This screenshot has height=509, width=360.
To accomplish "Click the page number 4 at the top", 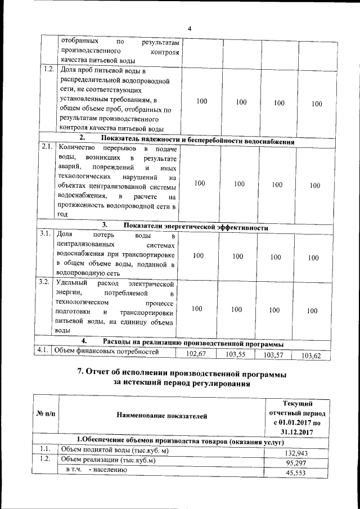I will pyautogui.click(x=190, y=29).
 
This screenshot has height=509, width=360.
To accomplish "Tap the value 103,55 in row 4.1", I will pyautogui.click(x=237, y=355).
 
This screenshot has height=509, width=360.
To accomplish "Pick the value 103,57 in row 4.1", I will pyautogui.click(x=275, y=355).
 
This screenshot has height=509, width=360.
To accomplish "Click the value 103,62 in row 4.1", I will pyautogui.click(x=314, y=355).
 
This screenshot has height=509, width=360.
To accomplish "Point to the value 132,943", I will pyautogui.click(x=298, y=453).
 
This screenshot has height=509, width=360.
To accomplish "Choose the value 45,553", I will pyautogui.click(x=299, y=474).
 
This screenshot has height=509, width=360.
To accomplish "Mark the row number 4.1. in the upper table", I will pyautogui.click(x=43, y=350).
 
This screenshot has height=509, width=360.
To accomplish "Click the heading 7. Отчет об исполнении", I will pyautogui.click(x=180, y=375).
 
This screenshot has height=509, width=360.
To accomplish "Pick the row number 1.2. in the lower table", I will pyautogui.click(x=46, y=460).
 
